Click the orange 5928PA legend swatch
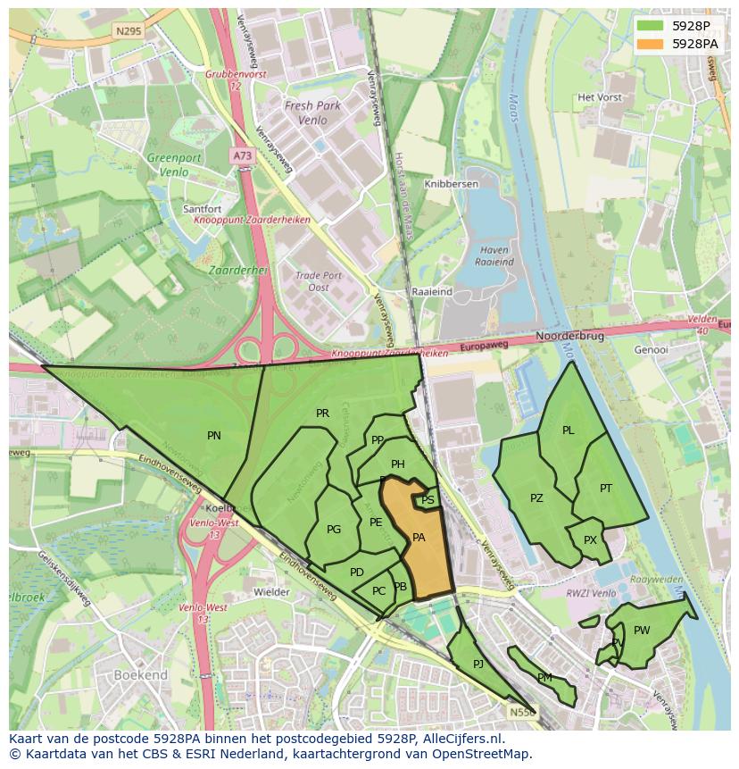(x=650, y=44)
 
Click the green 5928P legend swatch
(x=650, y=26)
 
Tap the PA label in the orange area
(x=419, y=538)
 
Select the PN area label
(x=214, y=436)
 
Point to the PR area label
(x=322, y=414)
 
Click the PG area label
(x=334, y=530)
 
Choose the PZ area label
(x=536, y=498)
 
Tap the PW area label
(x=642, y=631)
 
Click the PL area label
(x=569, y=430)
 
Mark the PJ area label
(x=478, y=664)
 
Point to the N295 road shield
(x=128, y=30)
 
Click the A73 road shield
(x=243, y=155)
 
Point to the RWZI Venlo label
(x=594, y=592)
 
